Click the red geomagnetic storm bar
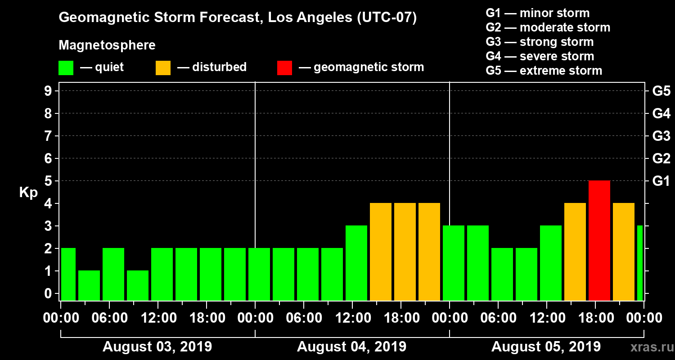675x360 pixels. (x=599, y=240)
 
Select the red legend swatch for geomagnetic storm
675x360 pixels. (x=284, y=67)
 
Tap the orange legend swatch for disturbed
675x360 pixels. (x=163, y=67)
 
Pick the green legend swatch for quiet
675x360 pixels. (x=66, y=67)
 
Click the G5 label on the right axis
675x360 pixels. (x=661, y=91)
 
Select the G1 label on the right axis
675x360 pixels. (x=661, y=181)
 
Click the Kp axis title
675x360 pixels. (x=28, y=193)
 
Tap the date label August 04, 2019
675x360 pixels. (x=351, y=347)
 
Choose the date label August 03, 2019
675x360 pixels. (x=157, y=347)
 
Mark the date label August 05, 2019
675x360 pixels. (x=546, y=347)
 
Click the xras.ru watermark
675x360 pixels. (x=648, y=347)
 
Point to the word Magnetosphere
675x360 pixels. (x=107, y=45)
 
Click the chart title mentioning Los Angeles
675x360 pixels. (x=238, y=18)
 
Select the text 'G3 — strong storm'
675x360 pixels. (x=540, y=42)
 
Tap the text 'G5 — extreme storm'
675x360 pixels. (x=544, y=71)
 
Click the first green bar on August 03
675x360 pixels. (x=68, y=274)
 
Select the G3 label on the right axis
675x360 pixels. (x=661, y=136)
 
